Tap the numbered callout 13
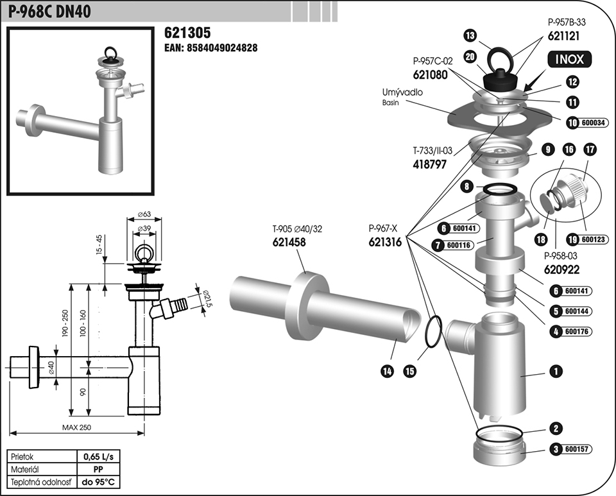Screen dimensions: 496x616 click(x=470, y=35)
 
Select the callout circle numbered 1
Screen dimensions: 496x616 click(x=556, y=370)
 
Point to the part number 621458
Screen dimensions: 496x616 click(x=291, y=242)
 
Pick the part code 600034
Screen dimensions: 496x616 click(x=593, y=123)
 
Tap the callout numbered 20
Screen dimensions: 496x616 click(x=470, y=56)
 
